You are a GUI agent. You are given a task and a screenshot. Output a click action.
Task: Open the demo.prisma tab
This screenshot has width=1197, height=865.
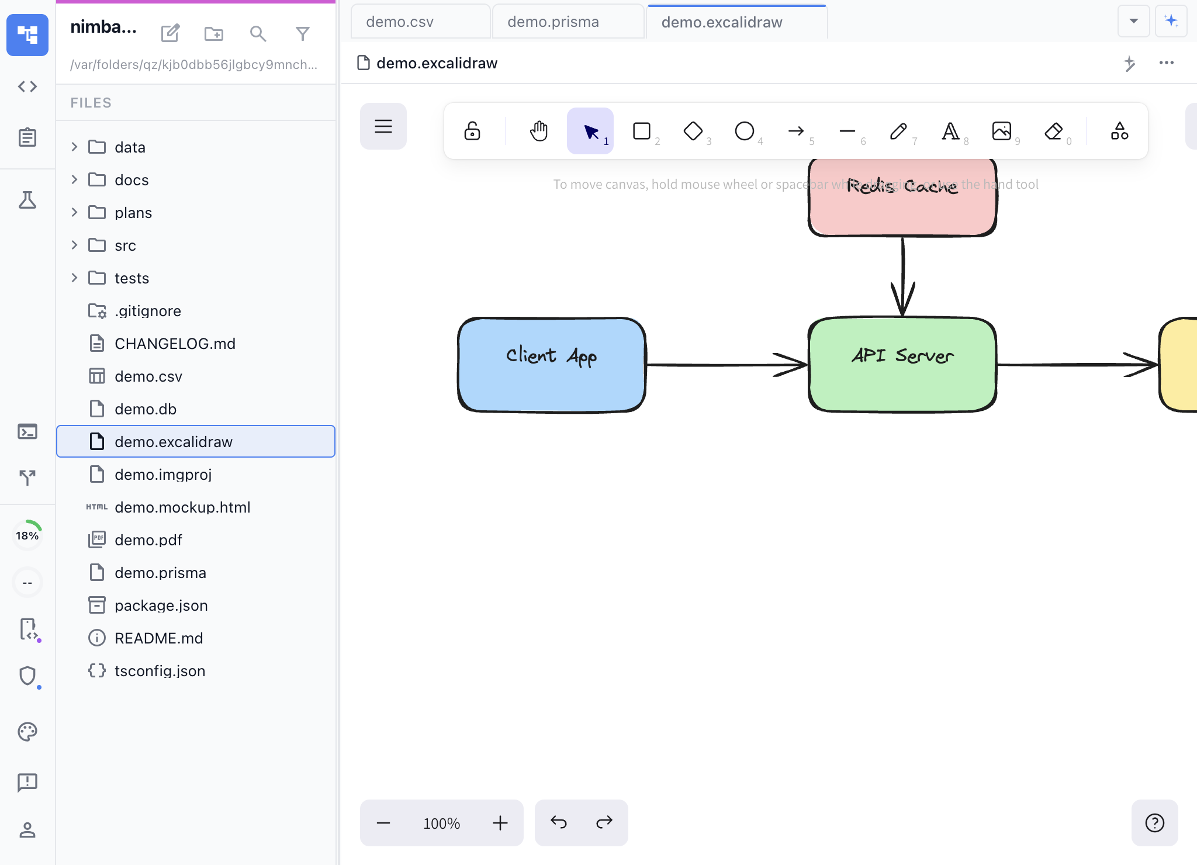(553, 22)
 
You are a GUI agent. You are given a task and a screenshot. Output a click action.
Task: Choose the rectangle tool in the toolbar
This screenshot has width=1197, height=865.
(642, 131)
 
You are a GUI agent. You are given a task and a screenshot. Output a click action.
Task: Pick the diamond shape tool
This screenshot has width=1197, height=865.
(693, 131)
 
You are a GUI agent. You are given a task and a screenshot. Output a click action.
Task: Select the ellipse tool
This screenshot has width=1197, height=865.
(745, 131)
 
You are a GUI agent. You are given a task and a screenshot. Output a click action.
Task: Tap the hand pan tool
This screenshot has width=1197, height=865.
(539, 131)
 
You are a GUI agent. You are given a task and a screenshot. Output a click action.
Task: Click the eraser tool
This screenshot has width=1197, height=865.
(1053, 131)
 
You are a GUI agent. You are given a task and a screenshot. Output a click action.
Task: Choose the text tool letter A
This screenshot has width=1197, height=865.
(950, 131)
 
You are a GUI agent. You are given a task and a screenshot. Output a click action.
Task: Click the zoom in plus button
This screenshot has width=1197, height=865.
(500, 823)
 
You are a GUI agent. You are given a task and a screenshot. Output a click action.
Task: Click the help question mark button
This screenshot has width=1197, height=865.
(1154, 823)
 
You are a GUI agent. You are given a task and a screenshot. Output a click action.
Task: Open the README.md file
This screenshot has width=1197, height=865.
(159, 638)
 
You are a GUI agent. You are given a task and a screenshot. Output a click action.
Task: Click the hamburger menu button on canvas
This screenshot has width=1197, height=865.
(383, 126)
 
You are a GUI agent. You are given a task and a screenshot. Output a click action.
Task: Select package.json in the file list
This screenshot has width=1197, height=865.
(161, 605)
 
